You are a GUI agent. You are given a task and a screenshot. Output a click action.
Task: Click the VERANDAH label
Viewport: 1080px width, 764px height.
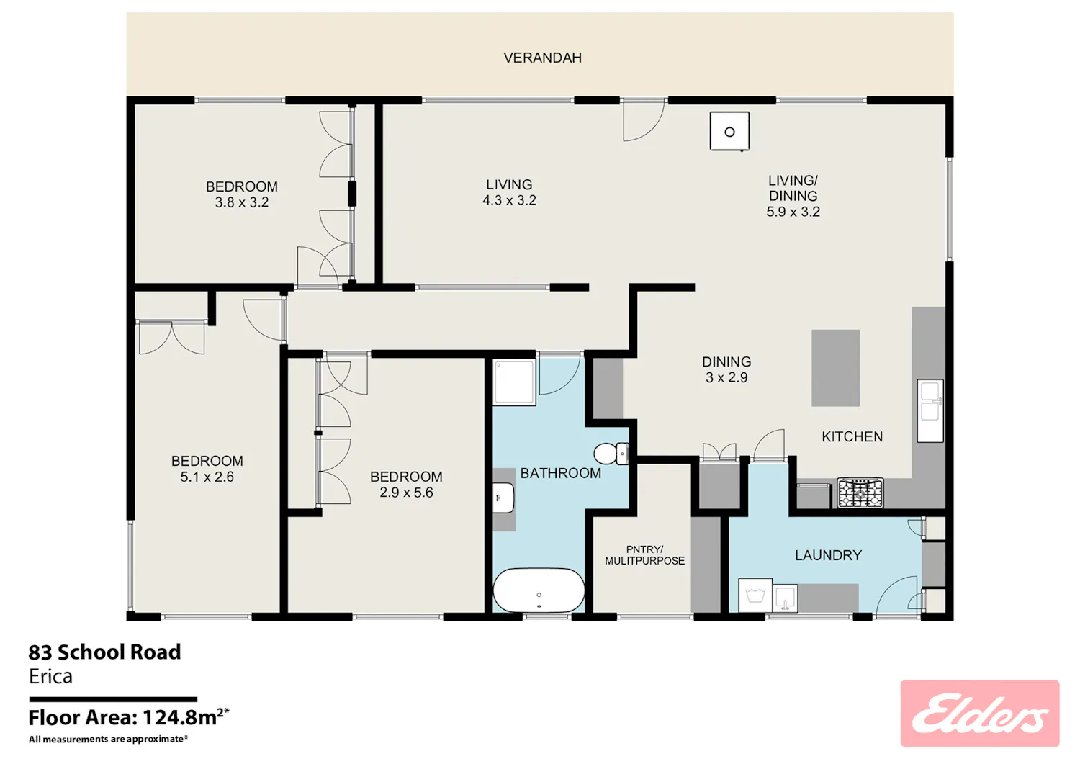(542, 58)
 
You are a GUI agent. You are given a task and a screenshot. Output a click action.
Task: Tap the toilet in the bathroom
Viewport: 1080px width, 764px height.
(611, 454)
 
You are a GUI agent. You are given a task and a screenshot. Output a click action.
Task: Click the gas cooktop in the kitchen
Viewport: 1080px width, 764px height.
(860, 493)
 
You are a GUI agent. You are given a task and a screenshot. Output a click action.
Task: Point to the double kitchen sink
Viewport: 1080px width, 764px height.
(930, 410)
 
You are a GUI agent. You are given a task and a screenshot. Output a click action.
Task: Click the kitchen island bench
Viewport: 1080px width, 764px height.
(835, 368)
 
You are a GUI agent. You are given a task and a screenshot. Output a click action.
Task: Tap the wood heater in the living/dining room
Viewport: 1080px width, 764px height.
(729, 131)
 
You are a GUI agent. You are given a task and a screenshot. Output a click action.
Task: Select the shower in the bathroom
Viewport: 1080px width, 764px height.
(514, 382)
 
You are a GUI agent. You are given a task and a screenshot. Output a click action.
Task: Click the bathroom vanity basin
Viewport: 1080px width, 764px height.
(504, 498)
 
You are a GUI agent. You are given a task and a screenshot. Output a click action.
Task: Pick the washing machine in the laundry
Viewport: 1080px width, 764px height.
(755, 596)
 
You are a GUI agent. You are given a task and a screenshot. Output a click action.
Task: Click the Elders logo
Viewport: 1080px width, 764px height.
(980, 714)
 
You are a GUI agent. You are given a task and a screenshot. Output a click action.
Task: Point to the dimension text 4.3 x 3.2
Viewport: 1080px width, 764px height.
(509, 200)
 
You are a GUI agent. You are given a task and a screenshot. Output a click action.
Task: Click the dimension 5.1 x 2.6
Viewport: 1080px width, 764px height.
(207, 477)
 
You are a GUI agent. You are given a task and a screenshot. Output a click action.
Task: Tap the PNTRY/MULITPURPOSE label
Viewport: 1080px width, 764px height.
(644, 554)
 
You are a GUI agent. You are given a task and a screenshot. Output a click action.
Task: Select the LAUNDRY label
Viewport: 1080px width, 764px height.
(828, 555)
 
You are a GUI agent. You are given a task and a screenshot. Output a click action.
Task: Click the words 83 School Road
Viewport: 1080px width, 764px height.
(104, 652)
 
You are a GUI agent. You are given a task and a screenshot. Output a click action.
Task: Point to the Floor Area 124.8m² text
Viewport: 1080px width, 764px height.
(129, 717)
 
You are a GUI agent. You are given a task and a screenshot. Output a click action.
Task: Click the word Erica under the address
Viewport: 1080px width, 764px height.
(50, 676)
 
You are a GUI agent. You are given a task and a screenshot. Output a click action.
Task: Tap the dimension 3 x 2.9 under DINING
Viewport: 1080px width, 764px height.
(726, 377)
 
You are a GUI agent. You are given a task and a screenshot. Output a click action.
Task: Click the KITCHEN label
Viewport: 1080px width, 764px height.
(852, 437)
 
